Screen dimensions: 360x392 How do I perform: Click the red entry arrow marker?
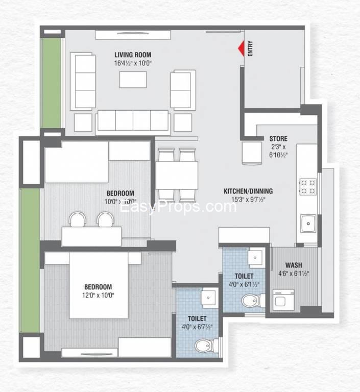click(241, 48)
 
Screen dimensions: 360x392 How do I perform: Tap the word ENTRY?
click(250, 48)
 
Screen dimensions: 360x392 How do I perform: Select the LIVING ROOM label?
click(133, 55)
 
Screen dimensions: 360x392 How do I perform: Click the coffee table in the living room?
click(133, 80)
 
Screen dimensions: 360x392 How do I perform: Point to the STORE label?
click(278, 139)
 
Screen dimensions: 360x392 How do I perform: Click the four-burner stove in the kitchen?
click(308, 187)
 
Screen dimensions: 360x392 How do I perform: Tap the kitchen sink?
click(308, 223)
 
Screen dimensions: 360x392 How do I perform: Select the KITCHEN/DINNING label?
click(248, 191)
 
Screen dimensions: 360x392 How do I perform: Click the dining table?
click(177, 175)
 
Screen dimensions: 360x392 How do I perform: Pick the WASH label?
click(294, 265)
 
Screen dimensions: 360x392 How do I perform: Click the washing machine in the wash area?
click(283, 300)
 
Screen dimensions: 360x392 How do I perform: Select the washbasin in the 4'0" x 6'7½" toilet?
click(209, 298)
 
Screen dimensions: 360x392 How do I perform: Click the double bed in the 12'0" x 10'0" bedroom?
click(99, 285)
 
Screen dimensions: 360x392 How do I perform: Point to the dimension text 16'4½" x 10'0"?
click(133, 63)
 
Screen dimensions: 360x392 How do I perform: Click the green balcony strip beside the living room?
click(51, 83)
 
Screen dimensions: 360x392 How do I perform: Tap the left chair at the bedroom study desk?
click(78, 219)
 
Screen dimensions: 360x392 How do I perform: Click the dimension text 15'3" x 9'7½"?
click(248, 200)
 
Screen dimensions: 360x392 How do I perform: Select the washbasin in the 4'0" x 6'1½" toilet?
click(255, 258)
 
